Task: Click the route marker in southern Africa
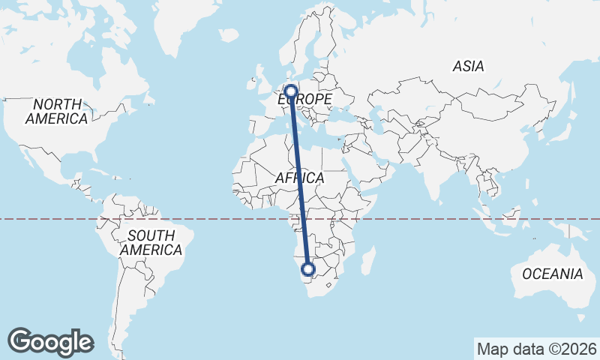point(307,269)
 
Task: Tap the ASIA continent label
point(468,67)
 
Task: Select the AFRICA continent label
point(299,178)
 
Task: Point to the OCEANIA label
point(552,274)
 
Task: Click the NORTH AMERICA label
point(57,111)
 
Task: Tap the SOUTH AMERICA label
point(151,242)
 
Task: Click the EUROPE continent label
point(305,99)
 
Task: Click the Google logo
point(50,342)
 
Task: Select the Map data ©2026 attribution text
point(536,349)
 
